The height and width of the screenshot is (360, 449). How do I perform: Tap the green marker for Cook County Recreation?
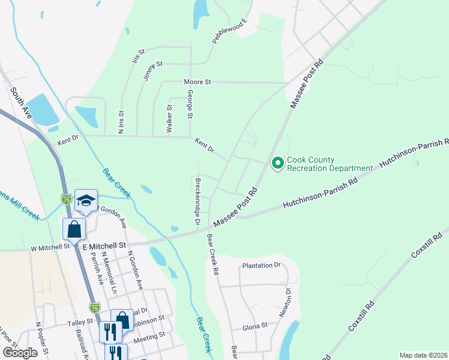point(277,163)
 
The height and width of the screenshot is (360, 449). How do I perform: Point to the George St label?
point(190,103)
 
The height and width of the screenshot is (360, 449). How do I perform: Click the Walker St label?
point(170,119)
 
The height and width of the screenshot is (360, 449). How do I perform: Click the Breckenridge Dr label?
point(197,202)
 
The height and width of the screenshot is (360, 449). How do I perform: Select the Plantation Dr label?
point(261,265)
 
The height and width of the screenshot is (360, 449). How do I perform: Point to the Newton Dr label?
point(285,303)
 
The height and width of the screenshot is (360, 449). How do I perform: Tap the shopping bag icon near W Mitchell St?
point(74,229)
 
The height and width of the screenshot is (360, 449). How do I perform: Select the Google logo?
point(20,353)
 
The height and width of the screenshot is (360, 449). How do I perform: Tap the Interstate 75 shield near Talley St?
point(94,308)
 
